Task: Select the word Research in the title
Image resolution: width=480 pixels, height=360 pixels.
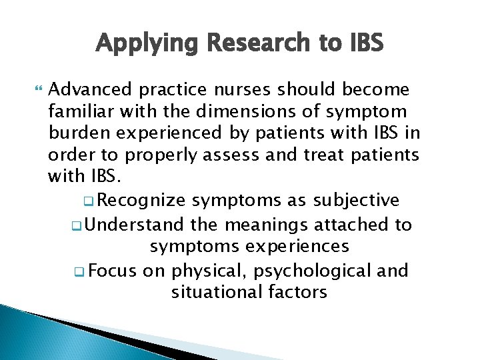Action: [x=250, y=43]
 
